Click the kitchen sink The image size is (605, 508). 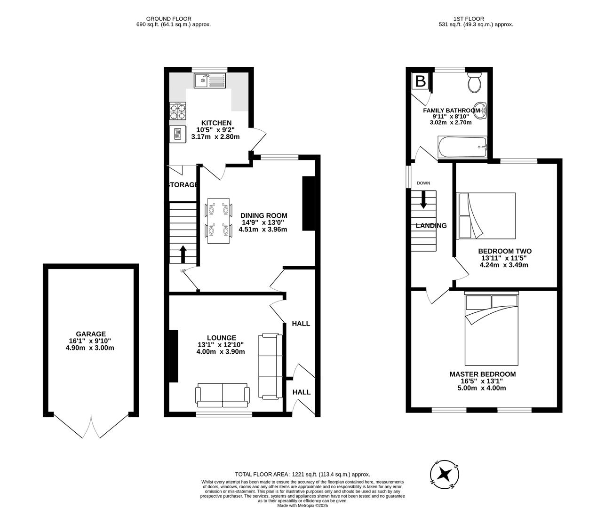click(210, 80)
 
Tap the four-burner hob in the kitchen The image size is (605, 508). click(178, 111)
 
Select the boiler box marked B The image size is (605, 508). click(421, 81)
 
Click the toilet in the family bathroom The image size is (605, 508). click(474, 83)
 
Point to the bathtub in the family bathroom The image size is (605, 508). click(462, 147)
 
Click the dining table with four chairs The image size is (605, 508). click(219, 219)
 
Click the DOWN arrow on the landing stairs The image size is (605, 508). click(423, 199)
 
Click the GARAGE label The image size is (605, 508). click(91, 334)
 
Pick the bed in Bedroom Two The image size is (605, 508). click(486, 215)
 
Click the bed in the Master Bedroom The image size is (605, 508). click(491, 329)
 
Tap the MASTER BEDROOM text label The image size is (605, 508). click(482, 374)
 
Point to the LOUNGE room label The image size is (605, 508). click(222, 338)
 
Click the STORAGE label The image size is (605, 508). click(183, 185)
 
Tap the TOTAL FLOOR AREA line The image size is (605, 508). click(302, 475)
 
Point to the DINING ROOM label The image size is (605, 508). click(263, 215)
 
